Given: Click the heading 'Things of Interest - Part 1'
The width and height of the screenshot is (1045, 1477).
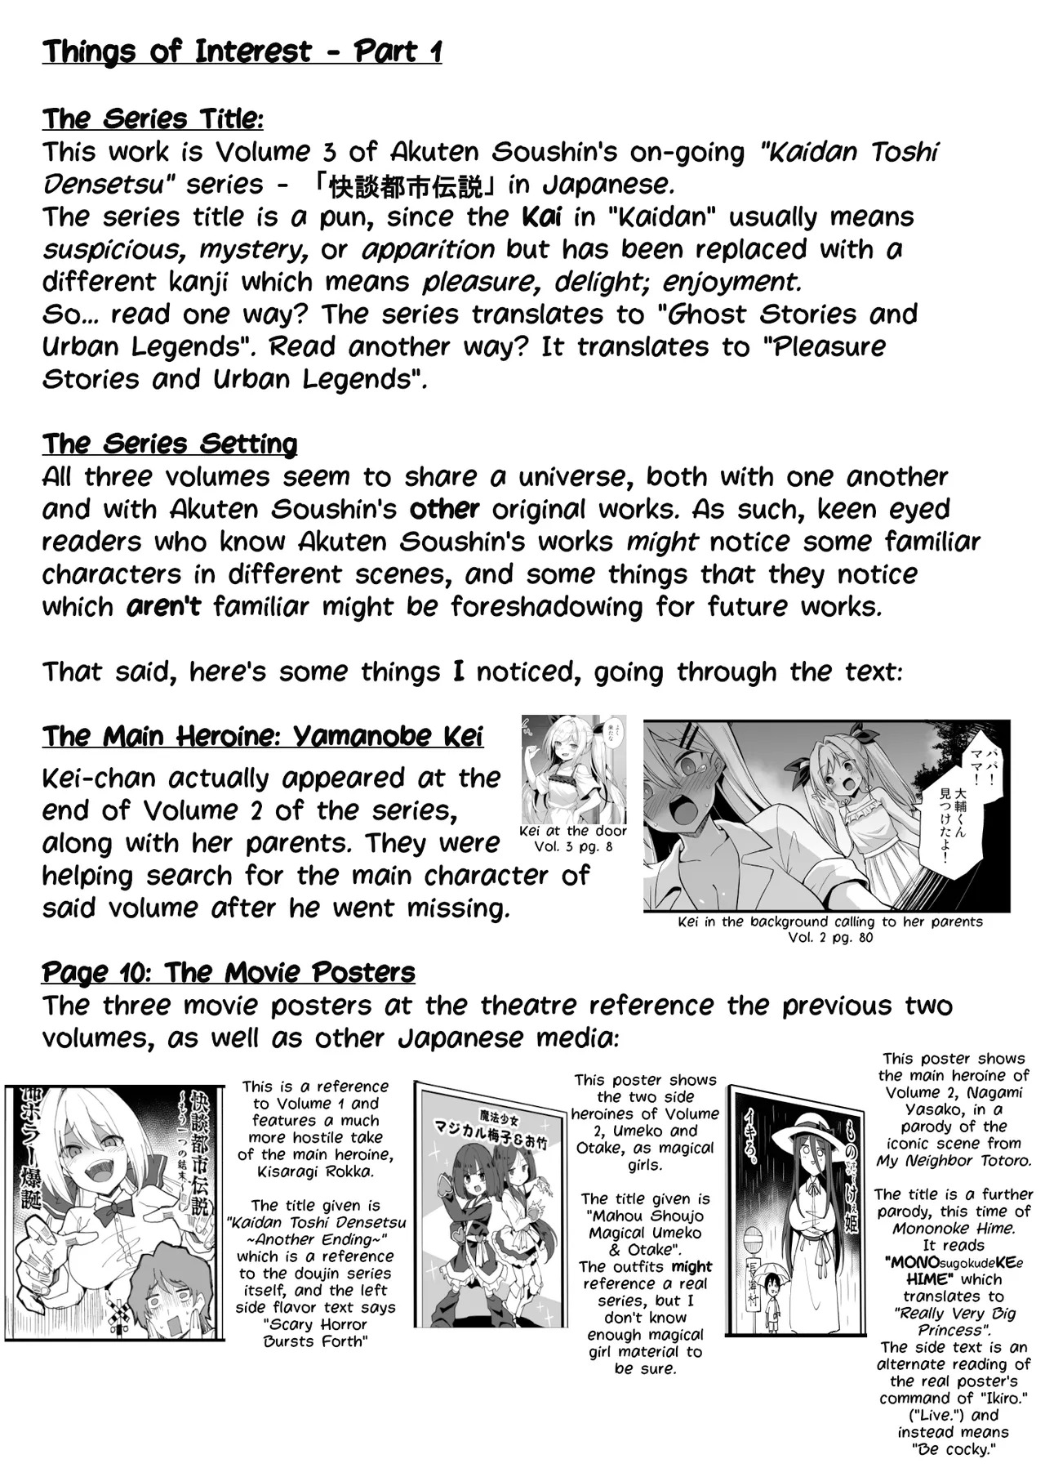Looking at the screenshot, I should tap(242, 52).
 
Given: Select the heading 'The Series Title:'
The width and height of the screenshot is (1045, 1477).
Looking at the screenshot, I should tap(153, 119).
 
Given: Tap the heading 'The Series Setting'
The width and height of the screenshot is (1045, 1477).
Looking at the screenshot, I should tap(170, 444).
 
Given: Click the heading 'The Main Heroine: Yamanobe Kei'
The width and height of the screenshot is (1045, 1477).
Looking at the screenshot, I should tap(262, 737).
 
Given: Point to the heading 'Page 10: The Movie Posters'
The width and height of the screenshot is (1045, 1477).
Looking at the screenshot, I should tap(229, 973).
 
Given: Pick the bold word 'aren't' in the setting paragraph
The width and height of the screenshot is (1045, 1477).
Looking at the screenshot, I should tap(163, 607).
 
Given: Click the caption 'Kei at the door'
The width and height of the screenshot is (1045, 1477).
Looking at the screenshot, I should tap(573, 832).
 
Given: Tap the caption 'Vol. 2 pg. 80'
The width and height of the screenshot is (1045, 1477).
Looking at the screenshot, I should tap(830, 938).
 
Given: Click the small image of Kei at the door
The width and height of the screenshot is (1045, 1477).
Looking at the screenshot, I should tap(574, 770).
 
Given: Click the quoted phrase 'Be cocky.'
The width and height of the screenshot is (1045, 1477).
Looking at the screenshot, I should tap(953, 1450).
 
